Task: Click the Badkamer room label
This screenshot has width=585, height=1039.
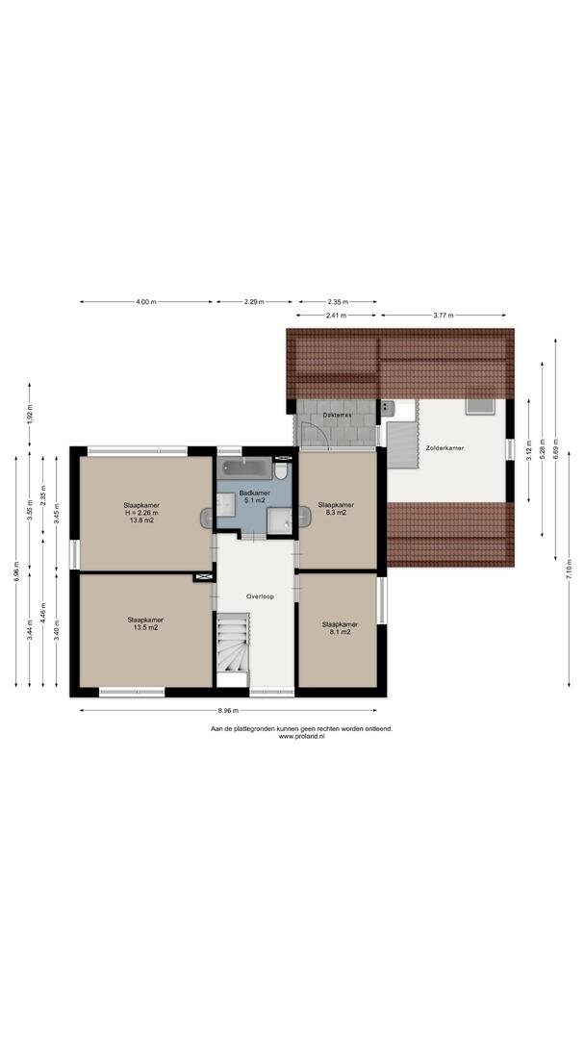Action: (x=254, y=493)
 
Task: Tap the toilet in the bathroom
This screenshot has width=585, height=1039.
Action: (x=281, y=470)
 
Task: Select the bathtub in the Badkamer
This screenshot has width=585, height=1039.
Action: (x=244, y=469)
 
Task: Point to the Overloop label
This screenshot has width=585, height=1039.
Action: (x=260, y=596)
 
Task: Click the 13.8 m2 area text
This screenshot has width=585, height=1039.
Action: (x=141, y=520)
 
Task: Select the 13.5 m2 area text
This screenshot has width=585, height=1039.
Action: (x=145, y=627)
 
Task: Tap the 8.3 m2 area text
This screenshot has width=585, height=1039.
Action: (x=336, y=512)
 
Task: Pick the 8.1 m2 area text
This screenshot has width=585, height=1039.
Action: (x=340, y=632)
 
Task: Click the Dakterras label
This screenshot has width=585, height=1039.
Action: (x=337, y=415)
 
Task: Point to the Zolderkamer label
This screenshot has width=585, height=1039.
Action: (x=445, y=448)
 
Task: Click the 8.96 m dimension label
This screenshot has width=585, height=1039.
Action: (x=228, y=711)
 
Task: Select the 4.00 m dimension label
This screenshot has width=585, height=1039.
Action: (x=145, y=301)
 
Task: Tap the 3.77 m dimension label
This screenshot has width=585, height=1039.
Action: (x=444, y=316)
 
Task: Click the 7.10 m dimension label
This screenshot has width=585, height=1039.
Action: (x=569, y=570)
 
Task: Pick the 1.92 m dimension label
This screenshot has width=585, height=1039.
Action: (x=30, y=413)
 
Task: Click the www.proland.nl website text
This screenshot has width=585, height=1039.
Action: (x=301, y=736)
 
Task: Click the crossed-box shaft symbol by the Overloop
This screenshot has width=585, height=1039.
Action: (x=203, y=578)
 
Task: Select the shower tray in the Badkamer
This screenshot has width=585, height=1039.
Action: (x=280, y=520)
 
